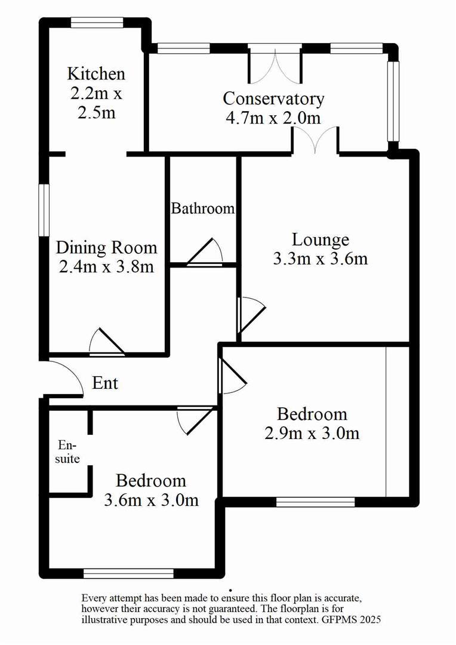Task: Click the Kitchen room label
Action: [96, 74]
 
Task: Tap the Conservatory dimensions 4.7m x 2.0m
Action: [273, 118]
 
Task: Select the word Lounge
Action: [320, 240]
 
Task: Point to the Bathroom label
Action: [203, 208]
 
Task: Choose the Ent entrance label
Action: [105, 383]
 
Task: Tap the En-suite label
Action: [68, 452]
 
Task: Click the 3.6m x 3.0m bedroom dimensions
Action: [150, 500]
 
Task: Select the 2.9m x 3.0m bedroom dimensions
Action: [312, 433]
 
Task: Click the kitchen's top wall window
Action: [97, 23]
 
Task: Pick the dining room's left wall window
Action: [44, 210]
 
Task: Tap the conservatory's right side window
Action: [392, 100]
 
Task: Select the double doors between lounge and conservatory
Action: [316, 140]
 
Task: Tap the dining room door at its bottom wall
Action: [106, 342]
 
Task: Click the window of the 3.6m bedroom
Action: [128, 573]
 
